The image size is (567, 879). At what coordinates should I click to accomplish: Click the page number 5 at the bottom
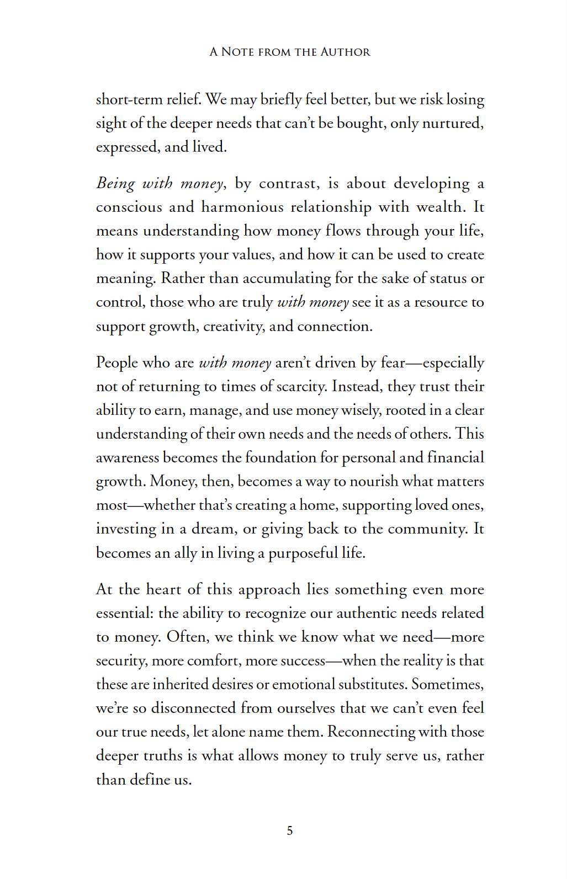coord(290,831)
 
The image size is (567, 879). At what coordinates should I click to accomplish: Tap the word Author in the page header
coord(345,52)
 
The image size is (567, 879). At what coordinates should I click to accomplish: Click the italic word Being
coord(115,183)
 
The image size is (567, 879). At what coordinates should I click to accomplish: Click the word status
coord(448,278)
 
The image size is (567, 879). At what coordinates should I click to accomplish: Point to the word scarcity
coord(300,386)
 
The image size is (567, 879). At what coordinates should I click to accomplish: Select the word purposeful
coord(303,553)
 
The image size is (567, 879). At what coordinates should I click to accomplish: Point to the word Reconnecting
coord(371,732)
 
